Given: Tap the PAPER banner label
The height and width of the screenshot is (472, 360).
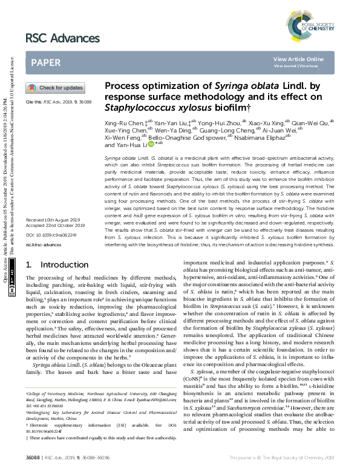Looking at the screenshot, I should [45, 62].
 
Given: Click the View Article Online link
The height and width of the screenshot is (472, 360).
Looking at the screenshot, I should [298, 59].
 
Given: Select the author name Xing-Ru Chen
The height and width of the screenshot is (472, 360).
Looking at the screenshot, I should [123, 122].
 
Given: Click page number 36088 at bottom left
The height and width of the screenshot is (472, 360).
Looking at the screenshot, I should [33, 462].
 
